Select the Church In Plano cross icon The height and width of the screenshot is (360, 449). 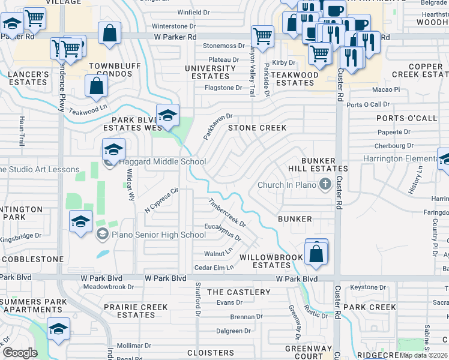pos(325,184)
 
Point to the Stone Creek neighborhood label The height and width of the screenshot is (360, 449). pos(256,128)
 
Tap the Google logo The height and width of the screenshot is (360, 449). pos(20,352)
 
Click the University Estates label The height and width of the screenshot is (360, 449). pos(210,73)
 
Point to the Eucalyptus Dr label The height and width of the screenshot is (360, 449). pos(223,231)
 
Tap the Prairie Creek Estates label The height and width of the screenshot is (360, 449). pos(136,311)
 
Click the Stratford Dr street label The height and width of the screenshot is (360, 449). pos(197,299)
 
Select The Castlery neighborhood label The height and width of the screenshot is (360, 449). pos(239,292)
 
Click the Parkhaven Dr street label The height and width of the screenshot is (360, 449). pos(217,127)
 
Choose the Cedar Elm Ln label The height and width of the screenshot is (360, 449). pos(214,268)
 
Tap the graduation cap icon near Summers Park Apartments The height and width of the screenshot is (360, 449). pos(58,328)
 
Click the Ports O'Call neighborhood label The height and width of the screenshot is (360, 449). pos(416,118)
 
